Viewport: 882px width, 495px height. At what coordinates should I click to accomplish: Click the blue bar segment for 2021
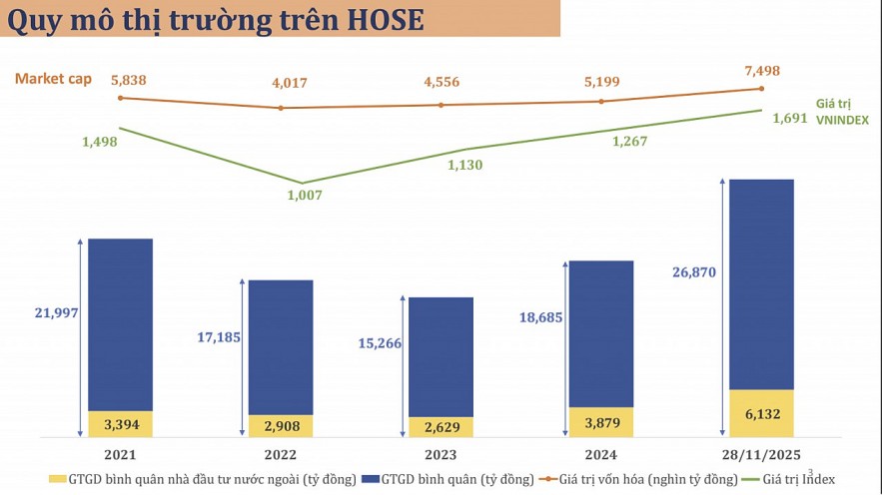(x=120, y=324)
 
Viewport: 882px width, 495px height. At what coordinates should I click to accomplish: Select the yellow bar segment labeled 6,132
(x=761, y=413)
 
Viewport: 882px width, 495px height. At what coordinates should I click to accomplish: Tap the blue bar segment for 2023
(x=441, y=356)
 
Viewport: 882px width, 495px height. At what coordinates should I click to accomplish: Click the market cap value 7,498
(x=761, y=71)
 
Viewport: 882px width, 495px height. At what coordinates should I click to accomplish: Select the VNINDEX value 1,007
(x=304, y=195)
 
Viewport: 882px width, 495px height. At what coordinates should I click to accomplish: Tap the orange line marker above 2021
(x=120, y=98)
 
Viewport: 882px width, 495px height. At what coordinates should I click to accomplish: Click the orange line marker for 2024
(x=600, y=101)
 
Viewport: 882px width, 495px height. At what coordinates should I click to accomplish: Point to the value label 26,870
(x=695, y=271)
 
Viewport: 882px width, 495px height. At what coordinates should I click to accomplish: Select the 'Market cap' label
(x=53, y=79)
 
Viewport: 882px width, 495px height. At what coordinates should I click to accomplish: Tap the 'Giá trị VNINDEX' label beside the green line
(x=841, y=112)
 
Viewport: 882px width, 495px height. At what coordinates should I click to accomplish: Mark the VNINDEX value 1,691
(x=790, y=118)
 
